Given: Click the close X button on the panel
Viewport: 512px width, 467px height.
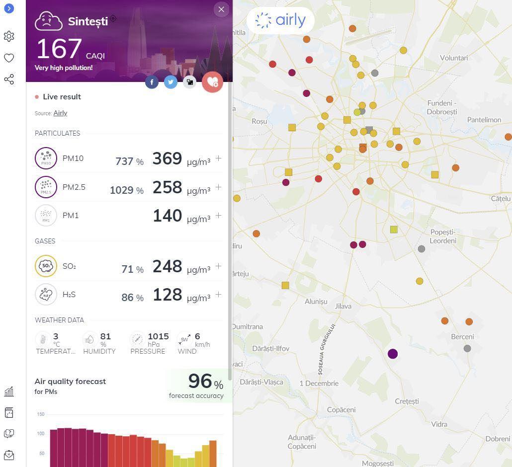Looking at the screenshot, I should tap(221, 9).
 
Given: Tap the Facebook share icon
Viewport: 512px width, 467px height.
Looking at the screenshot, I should tap(152, 82).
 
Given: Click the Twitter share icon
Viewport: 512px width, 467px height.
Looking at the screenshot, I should tap(171, 82).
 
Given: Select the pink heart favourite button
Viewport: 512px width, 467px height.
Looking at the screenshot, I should tap(212, 82).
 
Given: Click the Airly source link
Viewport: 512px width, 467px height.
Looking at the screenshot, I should tap(60, 113).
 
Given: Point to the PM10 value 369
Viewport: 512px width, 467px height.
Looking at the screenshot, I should tap(167, 158).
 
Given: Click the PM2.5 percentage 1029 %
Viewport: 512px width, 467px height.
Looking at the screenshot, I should tap(127, 190).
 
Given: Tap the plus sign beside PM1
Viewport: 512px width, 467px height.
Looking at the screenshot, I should tap(218, 216).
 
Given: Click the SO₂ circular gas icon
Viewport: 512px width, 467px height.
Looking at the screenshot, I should tap(46, 266).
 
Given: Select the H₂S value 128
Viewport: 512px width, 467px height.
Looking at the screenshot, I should tap(167, 295).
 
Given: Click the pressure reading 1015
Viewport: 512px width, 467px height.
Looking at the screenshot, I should tap(158, 336).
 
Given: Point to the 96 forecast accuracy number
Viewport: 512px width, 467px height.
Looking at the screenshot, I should tap(200, 381).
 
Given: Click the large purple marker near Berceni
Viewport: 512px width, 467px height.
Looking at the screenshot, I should tap(393, 354).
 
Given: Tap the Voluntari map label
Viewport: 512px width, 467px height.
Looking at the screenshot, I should tap(454, 58).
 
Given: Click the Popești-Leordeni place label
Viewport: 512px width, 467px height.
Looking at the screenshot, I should tap(443, 236).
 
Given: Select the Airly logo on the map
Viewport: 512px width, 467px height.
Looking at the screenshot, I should tap(280, 20).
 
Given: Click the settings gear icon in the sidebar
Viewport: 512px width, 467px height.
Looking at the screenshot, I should tap(9, 36).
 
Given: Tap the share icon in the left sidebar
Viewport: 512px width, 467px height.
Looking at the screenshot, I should tap(9, 79).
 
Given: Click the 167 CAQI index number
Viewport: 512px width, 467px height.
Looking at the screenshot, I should tap(59, 49).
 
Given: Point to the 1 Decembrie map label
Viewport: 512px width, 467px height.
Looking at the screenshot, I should tap(319, 383).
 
